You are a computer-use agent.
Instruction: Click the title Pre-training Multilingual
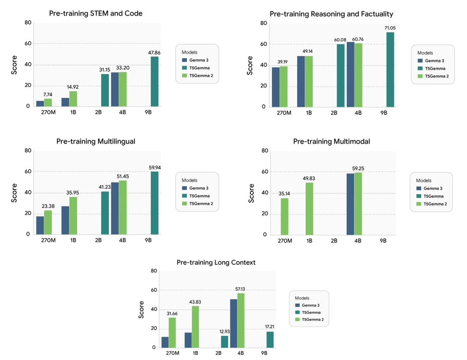[96, 141]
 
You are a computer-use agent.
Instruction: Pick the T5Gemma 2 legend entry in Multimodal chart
[435, 204]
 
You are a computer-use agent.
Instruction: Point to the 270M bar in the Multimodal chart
[285, 216]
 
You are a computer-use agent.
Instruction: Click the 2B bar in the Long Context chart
[225, 342]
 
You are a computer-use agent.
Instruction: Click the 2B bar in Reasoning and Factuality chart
[341, 75]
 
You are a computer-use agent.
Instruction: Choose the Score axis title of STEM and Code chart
[14, 64]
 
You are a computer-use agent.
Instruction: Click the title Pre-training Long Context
[216, 263]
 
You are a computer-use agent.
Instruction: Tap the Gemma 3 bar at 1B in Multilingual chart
[65, 220]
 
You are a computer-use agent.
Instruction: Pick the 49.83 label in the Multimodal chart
[309, 178]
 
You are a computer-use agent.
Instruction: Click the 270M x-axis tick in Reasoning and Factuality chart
[284, 113]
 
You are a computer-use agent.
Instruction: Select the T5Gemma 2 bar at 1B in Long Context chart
[196, 327]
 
